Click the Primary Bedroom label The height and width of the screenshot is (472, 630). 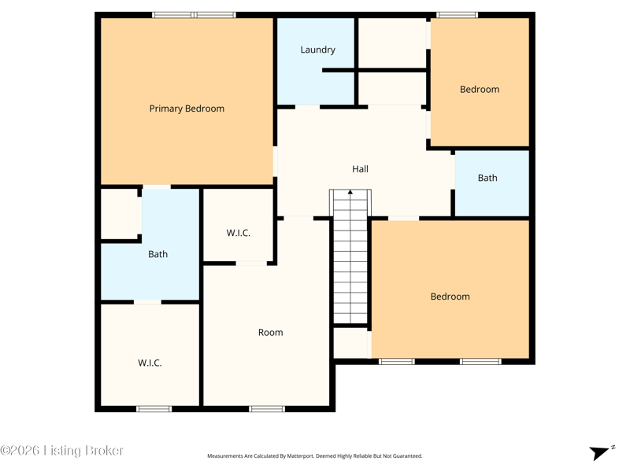tap(187, 109)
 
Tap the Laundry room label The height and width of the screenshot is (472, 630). tap(318, 50)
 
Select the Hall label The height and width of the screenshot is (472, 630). tap(360, 169)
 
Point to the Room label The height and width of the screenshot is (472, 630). tap(270, 332)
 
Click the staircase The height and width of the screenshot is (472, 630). tap(350, 257)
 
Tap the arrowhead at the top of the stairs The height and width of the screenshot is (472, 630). tap(350, 192)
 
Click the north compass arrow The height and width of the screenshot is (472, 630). tap(600, 453)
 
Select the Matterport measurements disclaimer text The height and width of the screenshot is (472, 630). tap(314, 456)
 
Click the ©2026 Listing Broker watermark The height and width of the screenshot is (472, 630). tap(61, 450)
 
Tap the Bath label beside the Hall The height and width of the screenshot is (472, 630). tap(487, 178)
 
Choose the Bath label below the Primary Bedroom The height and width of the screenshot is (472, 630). tap(158, 254)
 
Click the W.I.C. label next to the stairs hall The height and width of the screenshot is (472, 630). tap(239, 233)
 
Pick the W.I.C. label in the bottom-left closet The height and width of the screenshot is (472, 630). tap(150, 363)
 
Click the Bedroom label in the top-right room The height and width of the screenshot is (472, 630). tap(480, 89)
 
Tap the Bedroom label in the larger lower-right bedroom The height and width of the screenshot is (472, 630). tap(450, 297)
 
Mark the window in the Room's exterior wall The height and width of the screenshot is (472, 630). tap(267, 409)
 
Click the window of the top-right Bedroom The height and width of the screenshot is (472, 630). tap(458, 15)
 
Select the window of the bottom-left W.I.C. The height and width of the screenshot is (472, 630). tap(154, 409)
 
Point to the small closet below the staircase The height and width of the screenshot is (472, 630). tap(350, 343)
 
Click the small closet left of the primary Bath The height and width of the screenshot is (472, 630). tap(119, 213)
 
